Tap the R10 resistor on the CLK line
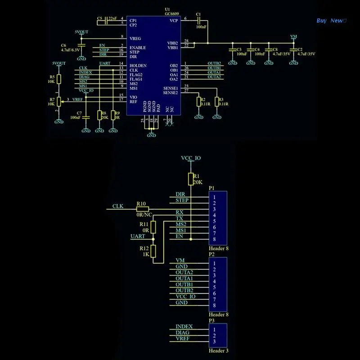[142, 209]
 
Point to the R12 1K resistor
[153, 252]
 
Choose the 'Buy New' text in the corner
[331, 20]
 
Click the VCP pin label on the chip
[173, 21]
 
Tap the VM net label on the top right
[293, 36]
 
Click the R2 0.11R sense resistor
[198, 102]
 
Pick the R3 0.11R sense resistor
[216, 102]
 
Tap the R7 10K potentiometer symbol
[58, 102]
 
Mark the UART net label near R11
[138, 236]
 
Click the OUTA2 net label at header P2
[184, 272]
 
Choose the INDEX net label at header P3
[184, 327]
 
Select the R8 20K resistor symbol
[99, 116]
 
